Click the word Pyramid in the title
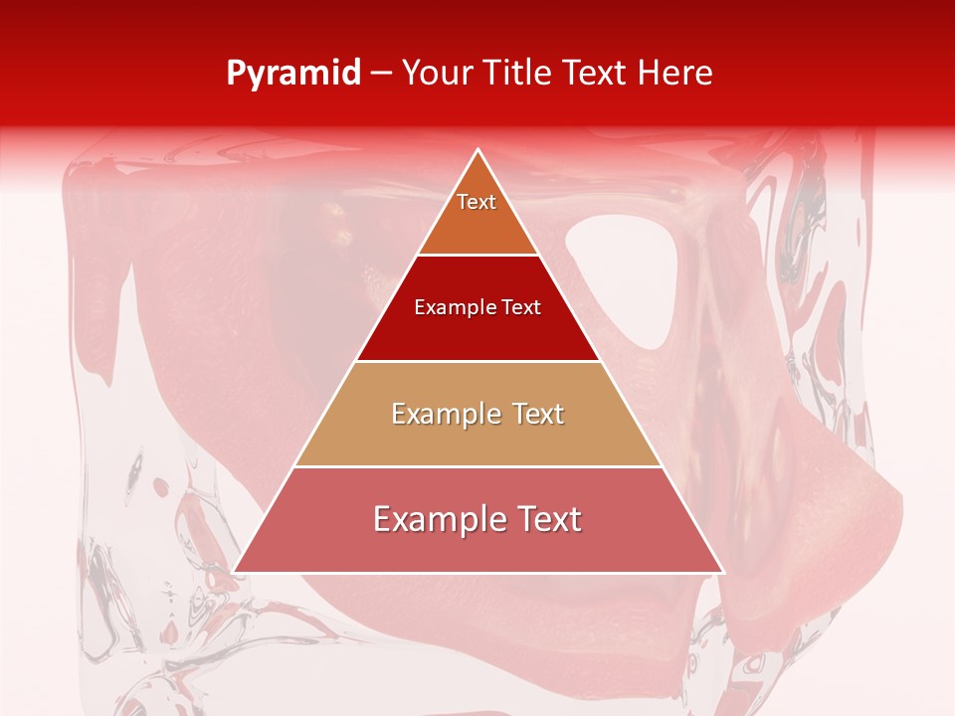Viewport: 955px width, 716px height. click(x=293, y=74)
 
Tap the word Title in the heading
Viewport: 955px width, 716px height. click(x=526, y=74)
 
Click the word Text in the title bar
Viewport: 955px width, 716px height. click(x=600, y=74)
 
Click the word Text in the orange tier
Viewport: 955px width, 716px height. click(x=477, y=202)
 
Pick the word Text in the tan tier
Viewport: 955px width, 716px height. click(x=538, y=414)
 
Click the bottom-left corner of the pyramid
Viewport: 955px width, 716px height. click(x=235, y=571)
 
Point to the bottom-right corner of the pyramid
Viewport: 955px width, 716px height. click(x=722, y=571)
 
